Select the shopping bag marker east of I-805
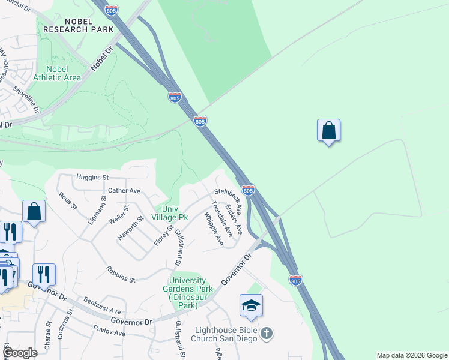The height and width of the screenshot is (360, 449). tap(328, 131)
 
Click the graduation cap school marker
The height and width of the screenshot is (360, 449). tap(251, 306)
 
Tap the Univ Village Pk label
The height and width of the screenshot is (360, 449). tap(170, 212)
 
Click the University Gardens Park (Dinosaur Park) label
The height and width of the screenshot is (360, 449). tap(187, 293)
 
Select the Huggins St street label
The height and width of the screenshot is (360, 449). tap(91, 178)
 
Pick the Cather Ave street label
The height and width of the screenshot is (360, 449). tap(124, 191)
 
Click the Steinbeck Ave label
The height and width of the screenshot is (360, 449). tap(228, 200)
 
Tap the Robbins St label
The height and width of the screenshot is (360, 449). tap(121, 274)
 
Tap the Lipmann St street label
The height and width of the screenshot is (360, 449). tap(96, 208)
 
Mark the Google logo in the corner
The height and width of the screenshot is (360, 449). tap(20, 353)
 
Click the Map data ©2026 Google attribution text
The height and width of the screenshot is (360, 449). tap(411, 355)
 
